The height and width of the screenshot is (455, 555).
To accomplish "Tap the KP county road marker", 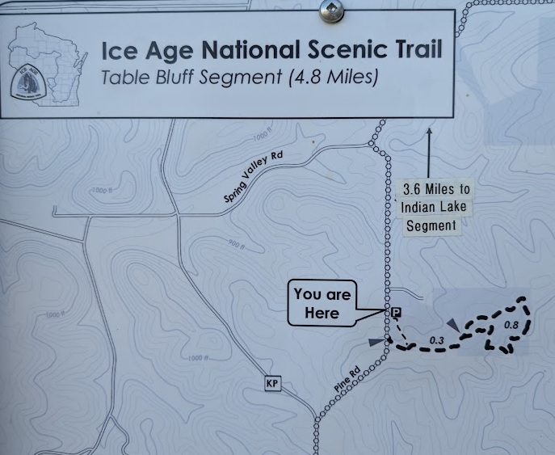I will [272, 383].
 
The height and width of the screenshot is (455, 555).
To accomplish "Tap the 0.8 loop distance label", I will [511, 325].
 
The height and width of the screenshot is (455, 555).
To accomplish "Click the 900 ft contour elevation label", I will [236, 243].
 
